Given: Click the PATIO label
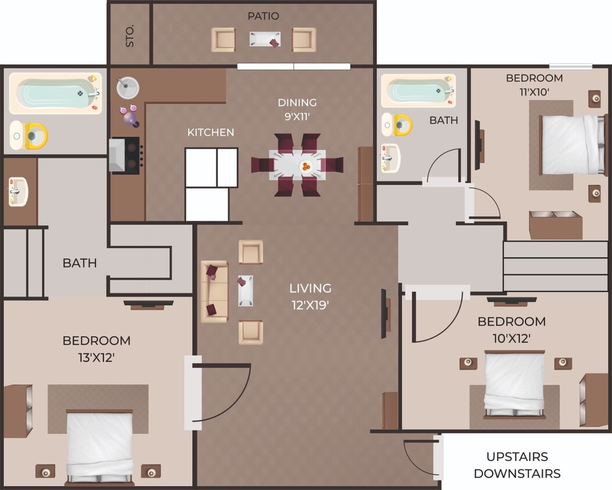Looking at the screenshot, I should pos(263,16).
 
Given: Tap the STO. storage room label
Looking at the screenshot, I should pos(130,35).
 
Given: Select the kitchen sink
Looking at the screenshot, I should pos(127,88).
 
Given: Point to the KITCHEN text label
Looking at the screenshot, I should pos(210,132).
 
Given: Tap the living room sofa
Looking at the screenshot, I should pos(214,291).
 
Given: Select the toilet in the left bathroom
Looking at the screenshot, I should pos(29,136).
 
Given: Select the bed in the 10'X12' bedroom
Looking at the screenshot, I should pos(514,383).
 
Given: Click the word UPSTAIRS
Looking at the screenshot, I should pos(517,456).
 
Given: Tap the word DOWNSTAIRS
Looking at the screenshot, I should pos(517,473).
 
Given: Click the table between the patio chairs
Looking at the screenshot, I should pos(264,39).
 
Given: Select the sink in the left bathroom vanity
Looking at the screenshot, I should pos(17,191).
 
